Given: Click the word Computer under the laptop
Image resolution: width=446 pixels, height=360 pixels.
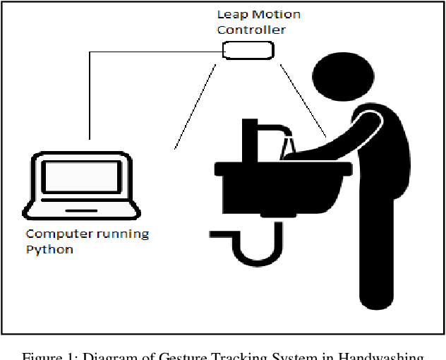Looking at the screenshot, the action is click(x=55, y=234).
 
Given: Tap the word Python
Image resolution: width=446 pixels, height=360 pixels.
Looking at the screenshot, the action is click(x=49, y=249).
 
